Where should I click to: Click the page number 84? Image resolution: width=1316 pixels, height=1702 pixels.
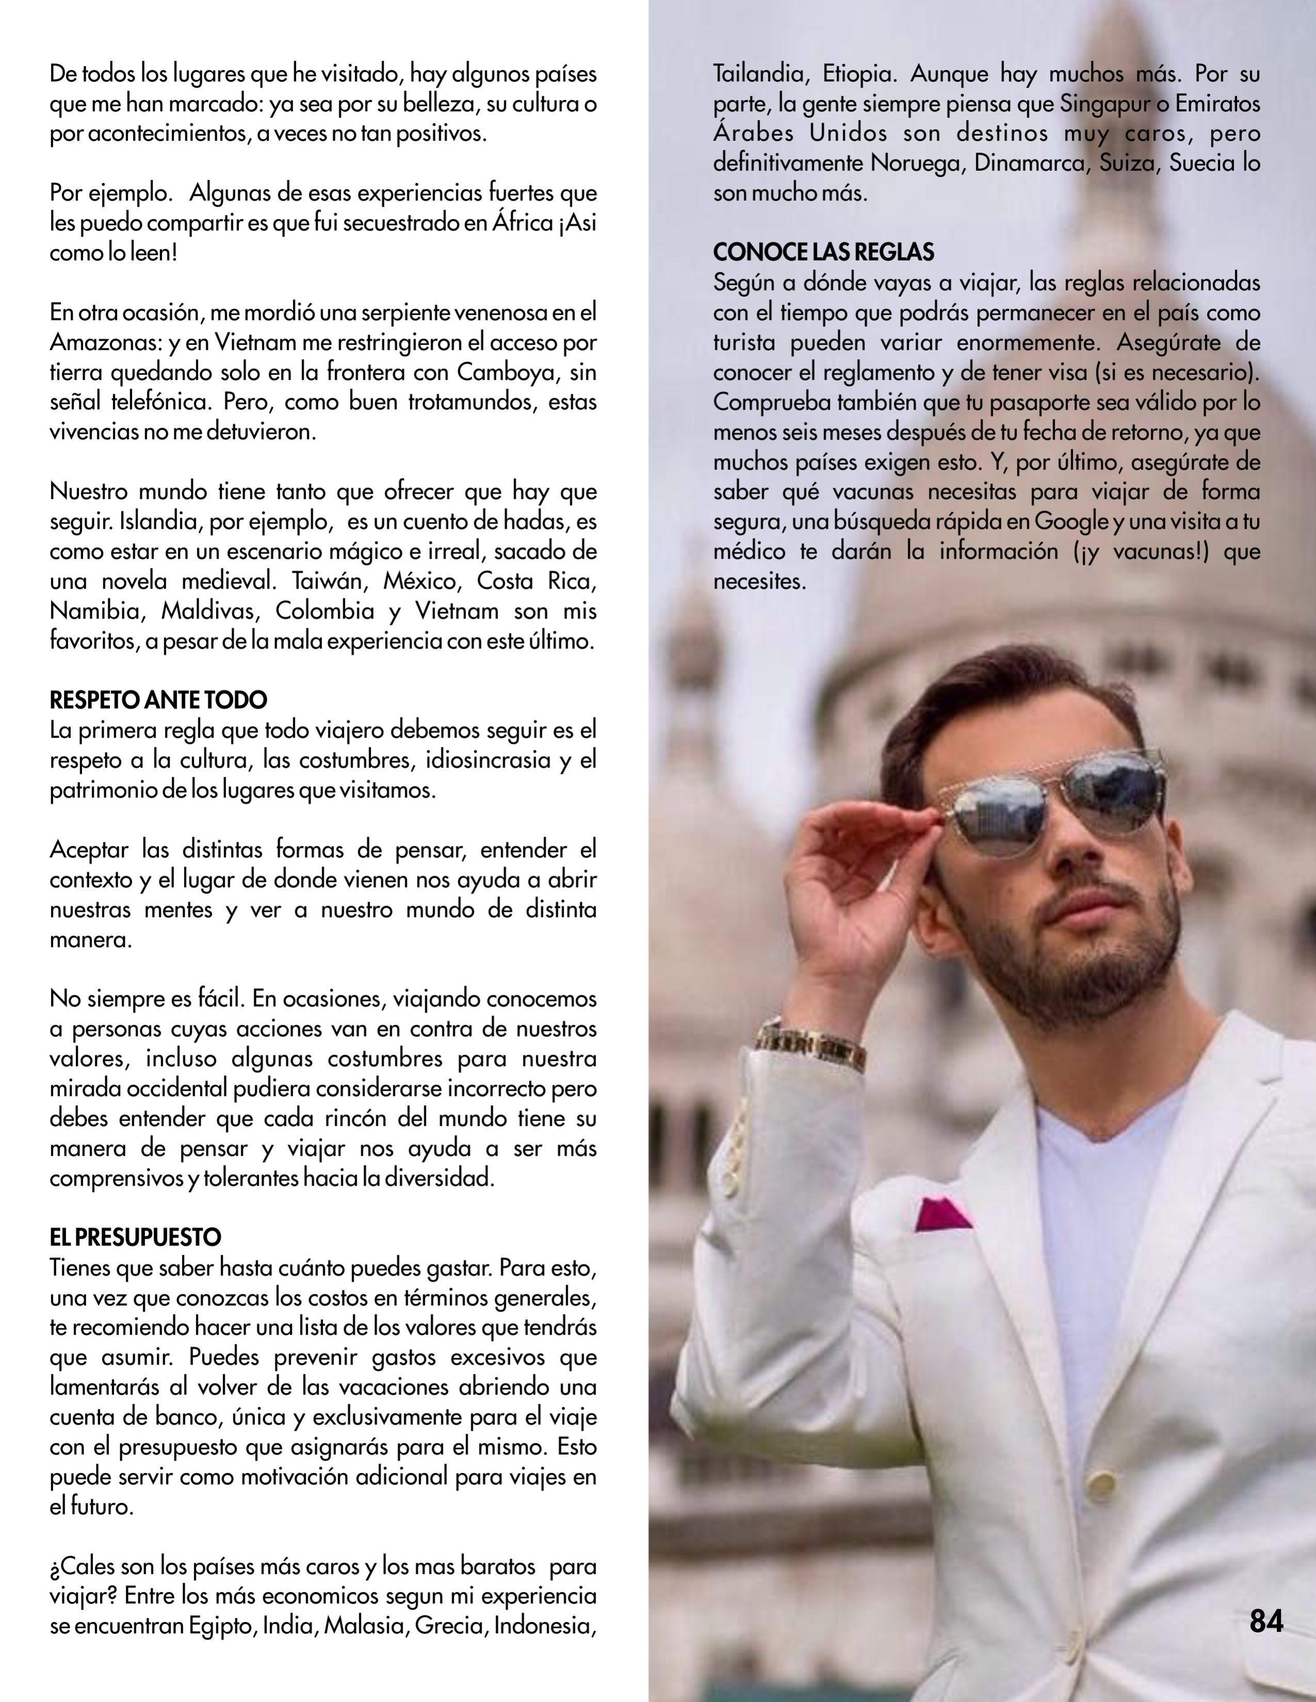point(1266,1623)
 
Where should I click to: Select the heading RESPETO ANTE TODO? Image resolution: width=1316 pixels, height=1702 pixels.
point(158,700)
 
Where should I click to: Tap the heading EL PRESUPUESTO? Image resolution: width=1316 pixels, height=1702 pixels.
point(136,1237)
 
